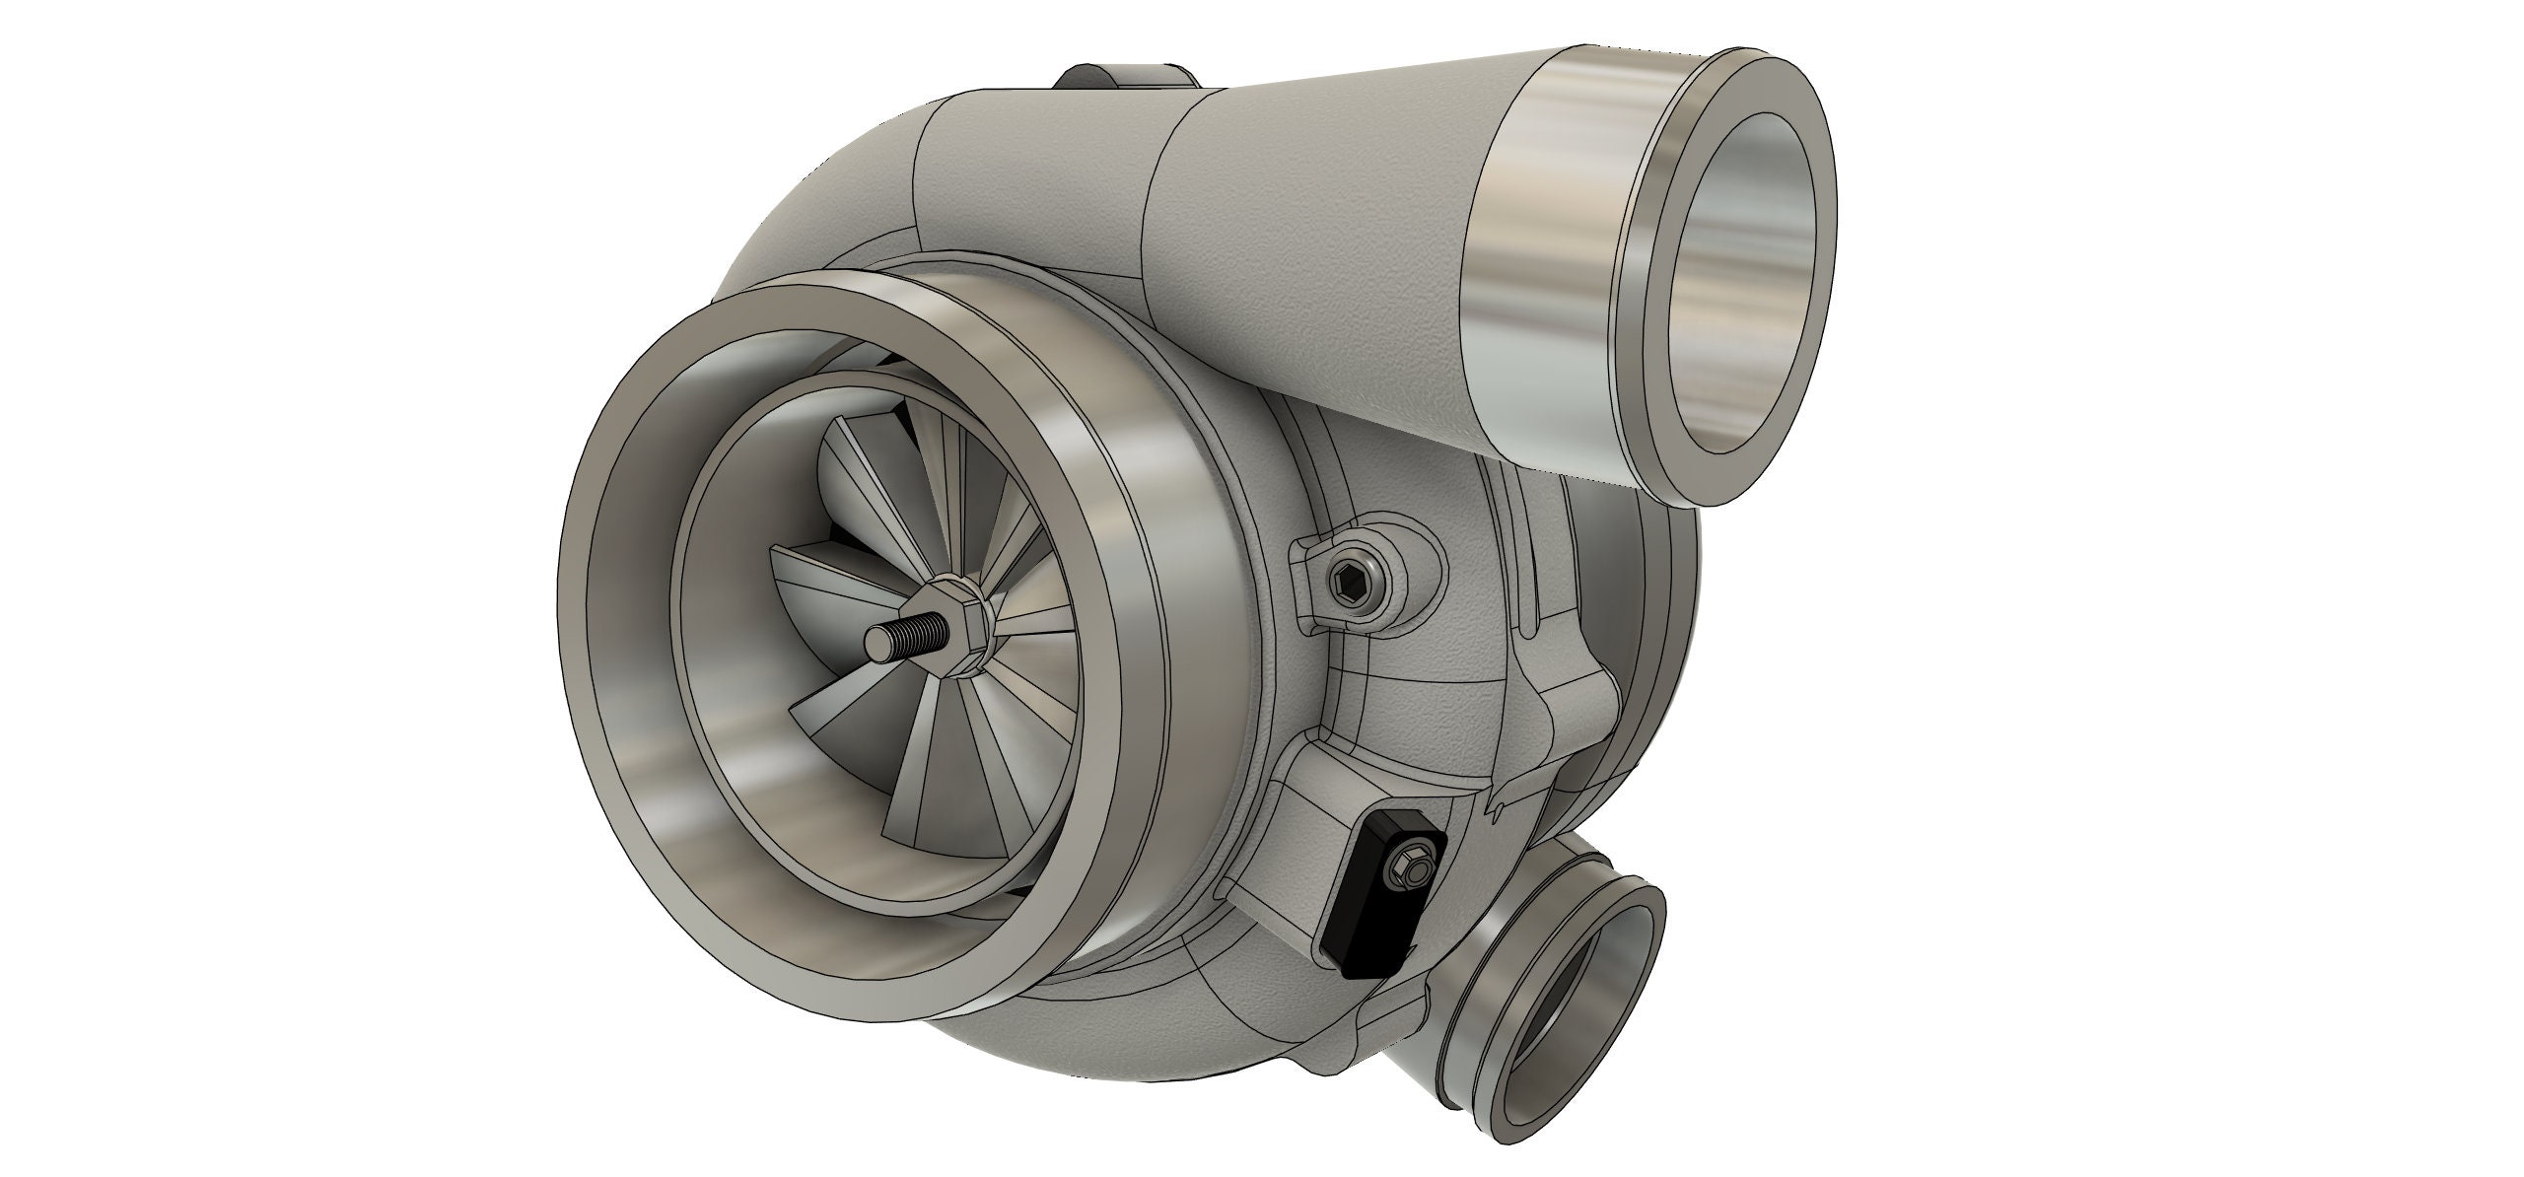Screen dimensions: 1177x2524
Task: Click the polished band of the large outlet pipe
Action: point(1548,266)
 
